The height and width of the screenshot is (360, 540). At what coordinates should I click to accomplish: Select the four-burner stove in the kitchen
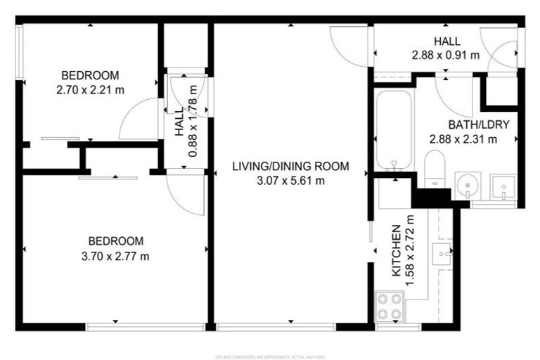pos(389,306)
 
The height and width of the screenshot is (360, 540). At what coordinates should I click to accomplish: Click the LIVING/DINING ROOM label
pos(291,167)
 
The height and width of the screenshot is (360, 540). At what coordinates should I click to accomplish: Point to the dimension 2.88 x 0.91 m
pos(446,54)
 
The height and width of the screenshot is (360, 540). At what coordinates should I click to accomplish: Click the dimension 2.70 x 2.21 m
pos(90,89)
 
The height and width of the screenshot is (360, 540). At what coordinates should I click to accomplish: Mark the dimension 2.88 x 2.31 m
pos(463,139)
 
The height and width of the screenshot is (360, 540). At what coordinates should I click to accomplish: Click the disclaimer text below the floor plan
pos(270,355)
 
